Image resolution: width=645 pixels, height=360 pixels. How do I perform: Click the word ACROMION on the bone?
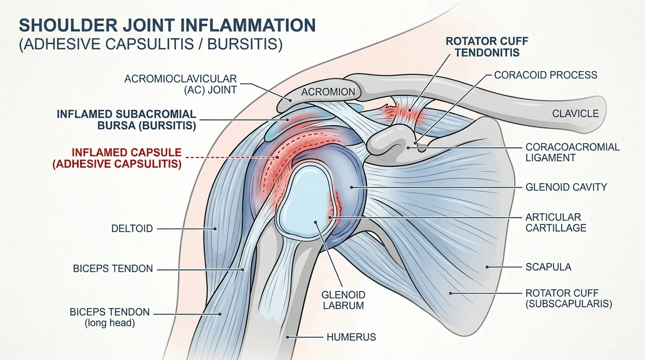tap(328, 92)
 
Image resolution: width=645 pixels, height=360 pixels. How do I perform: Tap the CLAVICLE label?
tap(575, 114)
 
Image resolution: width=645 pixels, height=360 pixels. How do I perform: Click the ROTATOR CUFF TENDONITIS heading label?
tap(487, 47)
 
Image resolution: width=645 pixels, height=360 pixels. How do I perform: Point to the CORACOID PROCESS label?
tap(546, 75)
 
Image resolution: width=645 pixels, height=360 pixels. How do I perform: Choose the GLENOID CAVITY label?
tap(566, 187)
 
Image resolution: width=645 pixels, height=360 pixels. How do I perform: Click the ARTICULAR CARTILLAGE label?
tap(556, 222)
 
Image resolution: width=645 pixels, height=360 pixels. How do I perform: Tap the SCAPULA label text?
tap(548, 267)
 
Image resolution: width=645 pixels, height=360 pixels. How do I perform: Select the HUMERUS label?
tap(351, 337)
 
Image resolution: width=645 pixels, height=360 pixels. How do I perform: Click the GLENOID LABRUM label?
tap(343, 300)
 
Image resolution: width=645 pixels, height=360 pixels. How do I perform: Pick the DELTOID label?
tap(132, 229)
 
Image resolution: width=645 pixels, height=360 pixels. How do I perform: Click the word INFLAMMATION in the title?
tap(248, 25)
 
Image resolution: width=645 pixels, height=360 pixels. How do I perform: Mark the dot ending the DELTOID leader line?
tap(215, 229)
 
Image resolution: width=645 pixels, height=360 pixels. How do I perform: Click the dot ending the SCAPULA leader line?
tap(487, 267)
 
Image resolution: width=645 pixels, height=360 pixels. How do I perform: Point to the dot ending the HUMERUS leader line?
tap(287, 337)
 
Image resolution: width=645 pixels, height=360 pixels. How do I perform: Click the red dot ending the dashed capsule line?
tap(277, 157)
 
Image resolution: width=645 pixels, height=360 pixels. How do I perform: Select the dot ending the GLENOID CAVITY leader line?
tap(352, 188)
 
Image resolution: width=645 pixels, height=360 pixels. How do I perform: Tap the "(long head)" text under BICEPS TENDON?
tap(110, 323)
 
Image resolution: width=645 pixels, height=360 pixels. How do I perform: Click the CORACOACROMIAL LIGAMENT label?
tap(572, 152)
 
